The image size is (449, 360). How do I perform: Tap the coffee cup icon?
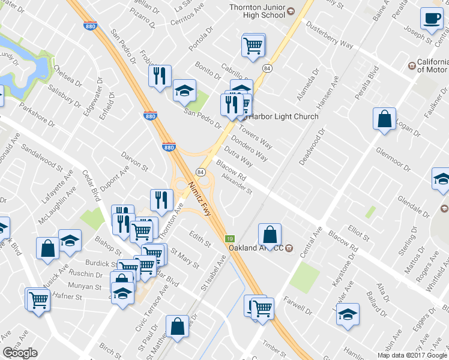click(432, 19)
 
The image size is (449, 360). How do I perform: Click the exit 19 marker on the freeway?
click(229, 238)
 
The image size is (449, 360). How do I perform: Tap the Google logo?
click(20, 353)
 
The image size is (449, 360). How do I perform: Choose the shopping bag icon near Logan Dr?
click(384, 119)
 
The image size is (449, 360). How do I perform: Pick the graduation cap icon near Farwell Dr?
click(348, 314)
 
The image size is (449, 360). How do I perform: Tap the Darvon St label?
click(134, 160)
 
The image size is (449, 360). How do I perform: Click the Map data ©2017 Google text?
click(412, 355)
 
